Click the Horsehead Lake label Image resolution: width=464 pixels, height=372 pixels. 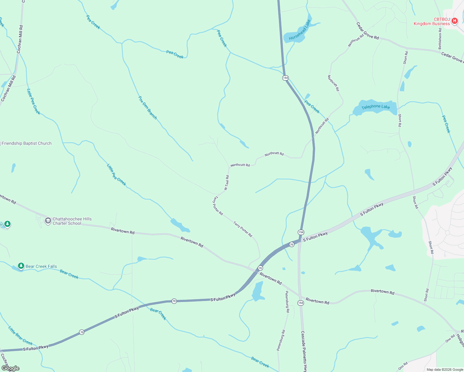pyautogui.click(x=300, y=30)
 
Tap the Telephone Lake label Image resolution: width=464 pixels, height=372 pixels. pyautogui.click(x=376, y=107)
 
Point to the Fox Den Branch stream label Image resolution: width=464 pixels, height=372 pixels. pyautogui.click(x=148, y=108)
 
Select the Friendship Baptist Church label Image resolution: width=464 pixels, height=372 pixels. pyautogui.click(x=27, y=143)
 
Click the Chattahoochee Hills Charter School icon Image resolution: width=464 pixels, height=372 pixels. pyautogui.click(x=48, y=221)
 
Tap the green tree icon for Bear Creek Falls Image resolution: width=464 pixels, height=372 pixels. pyautogui.click(x=21, y=266)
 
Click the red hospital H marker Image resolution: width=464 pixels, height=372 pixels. pyautogui.click(x=454, y=21)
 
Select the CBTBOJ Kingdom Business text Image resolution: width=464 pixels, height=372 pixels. pyautogui.click(x=431, y=21)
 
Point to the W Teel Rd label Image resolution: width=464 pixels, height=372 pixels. pyautogui.click(x=227, y=183)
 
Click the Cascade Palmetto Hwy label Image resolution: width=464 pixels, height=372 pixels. pyautogui.click(x=304, y=351)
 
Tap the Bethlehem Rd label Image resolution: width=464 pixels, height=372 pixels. pyautogui.click(x=440, y=39)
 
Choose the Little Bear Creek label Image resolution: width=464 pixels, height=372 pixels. pyautogui.click(x=20, y=336)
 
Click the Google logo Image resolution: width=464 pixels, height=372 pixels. pyautogui.click(x=10, y=368)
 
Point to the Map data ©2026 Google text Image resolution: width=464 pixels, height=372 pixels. pyautogui.click(x=445, y=370)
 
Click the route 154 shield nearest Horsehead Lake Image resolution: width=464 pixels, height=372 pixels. pyautogui.click(x=285, y=78)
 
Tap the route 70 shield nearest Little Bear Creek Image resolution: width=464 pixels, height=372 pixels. pyautogui.click(x=82, y=332)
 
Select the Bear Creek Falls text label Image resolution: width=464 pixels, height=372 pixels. pyautogui.click(x=41, y=266)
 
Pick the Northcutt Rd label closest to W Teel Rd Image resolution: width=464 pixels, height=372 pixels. pyautogui.click(x=240, y=165)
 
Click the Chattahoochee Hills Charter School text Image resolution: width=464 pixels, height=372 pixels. pyautogui.click(x=72, y=221)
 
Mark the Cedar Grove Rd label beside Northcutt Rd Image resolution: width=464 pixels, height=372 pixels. pyautogui.click(x=367, y=31)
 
